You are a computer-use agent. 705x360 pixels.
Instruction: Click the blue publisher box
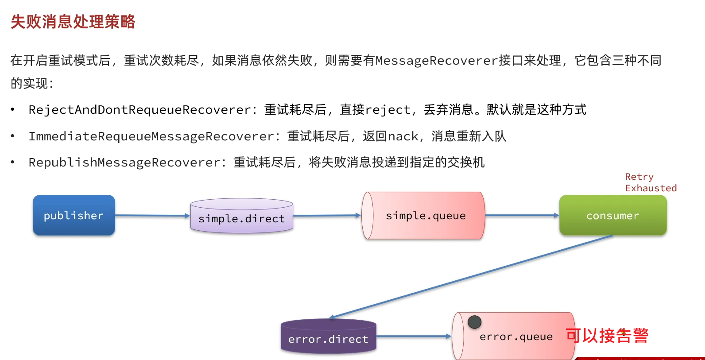pyautogui.click(x=74, y=215)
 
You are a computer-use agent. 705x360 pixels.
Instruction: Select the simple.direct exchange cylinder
pyautogui.click(x=241, y=217)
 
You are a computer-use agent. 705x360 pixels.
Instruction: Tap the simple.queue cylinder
pyautogui.click(x=425, y=216)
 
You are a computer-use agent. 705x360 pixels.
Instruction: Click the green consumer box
pyautogui.click(x=612, y=216)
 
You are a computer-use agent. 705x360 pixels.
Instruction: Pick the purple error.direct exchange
pyautogui.click(x=328, y=337)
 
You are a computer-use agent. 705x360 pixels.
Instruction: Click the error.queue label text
pyautogui.click(x=516, y=337)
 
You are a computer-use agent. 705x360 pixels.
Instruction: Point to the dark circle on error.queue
pyautogui.click(x=474, y=322)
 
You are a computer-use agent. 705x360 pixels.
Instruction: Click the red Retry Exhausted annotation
pyautogui.click(x=650, y=182)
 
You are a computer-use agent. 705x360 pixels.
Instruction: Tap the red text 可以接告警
pyautogui.click(x=607, y=336)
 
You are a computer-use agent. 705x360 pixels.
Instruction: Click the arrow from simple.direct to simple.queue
pyautogui.click(x=327, y=216)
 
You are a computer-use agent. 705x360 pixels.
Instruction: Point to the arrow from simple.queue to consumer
pyautogui.click(x=522, y=216)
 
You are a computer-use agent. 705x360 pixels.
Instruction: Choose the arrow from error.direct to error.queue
pyautogui.click(x=413, y=337)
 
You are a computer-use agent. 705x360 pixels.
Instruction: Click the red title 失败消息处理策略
pyautogui.click(x=73, y=21)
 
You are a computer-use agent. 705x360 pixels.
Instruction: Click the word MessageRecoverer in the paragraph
pyautogui.click(x=437, y=61)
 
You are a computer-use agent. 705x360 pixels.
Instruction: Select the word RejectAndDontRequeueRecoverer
pyautogui.click(x=139, y=110)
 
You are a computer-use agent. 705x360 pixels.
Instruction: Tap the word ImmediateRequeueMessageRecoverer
pyautogui.click(x=151, y=136)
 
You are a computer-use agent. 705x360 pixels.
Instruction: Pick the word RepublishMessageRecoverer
pyautogui.click(x=124, y=163)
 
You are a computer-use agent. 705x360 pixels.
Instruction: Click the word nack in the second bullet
pyautogui.click(x=403, y=136)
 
